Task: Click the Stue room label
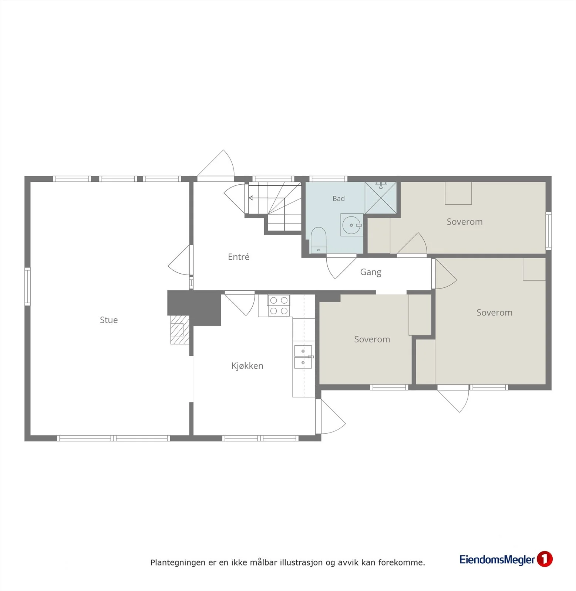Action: click(x=109, y=320)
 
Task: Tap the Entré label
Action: click(x=239, y=257)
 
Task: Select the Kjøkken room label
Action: click(x=247, y=366)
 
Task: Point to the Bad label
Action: click(x=338, y=198)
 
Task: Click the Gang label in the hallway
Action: click(x=371, y=272)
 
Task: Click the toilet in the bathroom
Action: click(x=318, y=240)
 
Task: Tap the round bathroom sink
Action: click(x=351, y=225)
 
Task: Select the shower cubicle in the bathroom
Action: click(x=381, y=198)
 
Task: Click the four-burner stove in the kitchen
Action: click(x=279, y=305)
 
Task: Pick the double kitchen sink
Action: click(x=303, y=357)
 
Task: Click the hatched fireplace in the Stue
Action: click(x=180, y=330)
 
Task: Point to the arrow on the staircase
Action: click(x=266, y=198)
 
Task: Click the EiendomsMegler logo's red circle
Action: click(x=545, y=559)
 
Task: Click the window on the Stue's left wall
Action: click(x=27, y=287)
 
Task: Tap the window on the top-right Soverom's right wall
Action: click(x=549, y=231)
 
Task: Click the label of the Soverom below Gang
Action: click(x=372, y=339)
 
